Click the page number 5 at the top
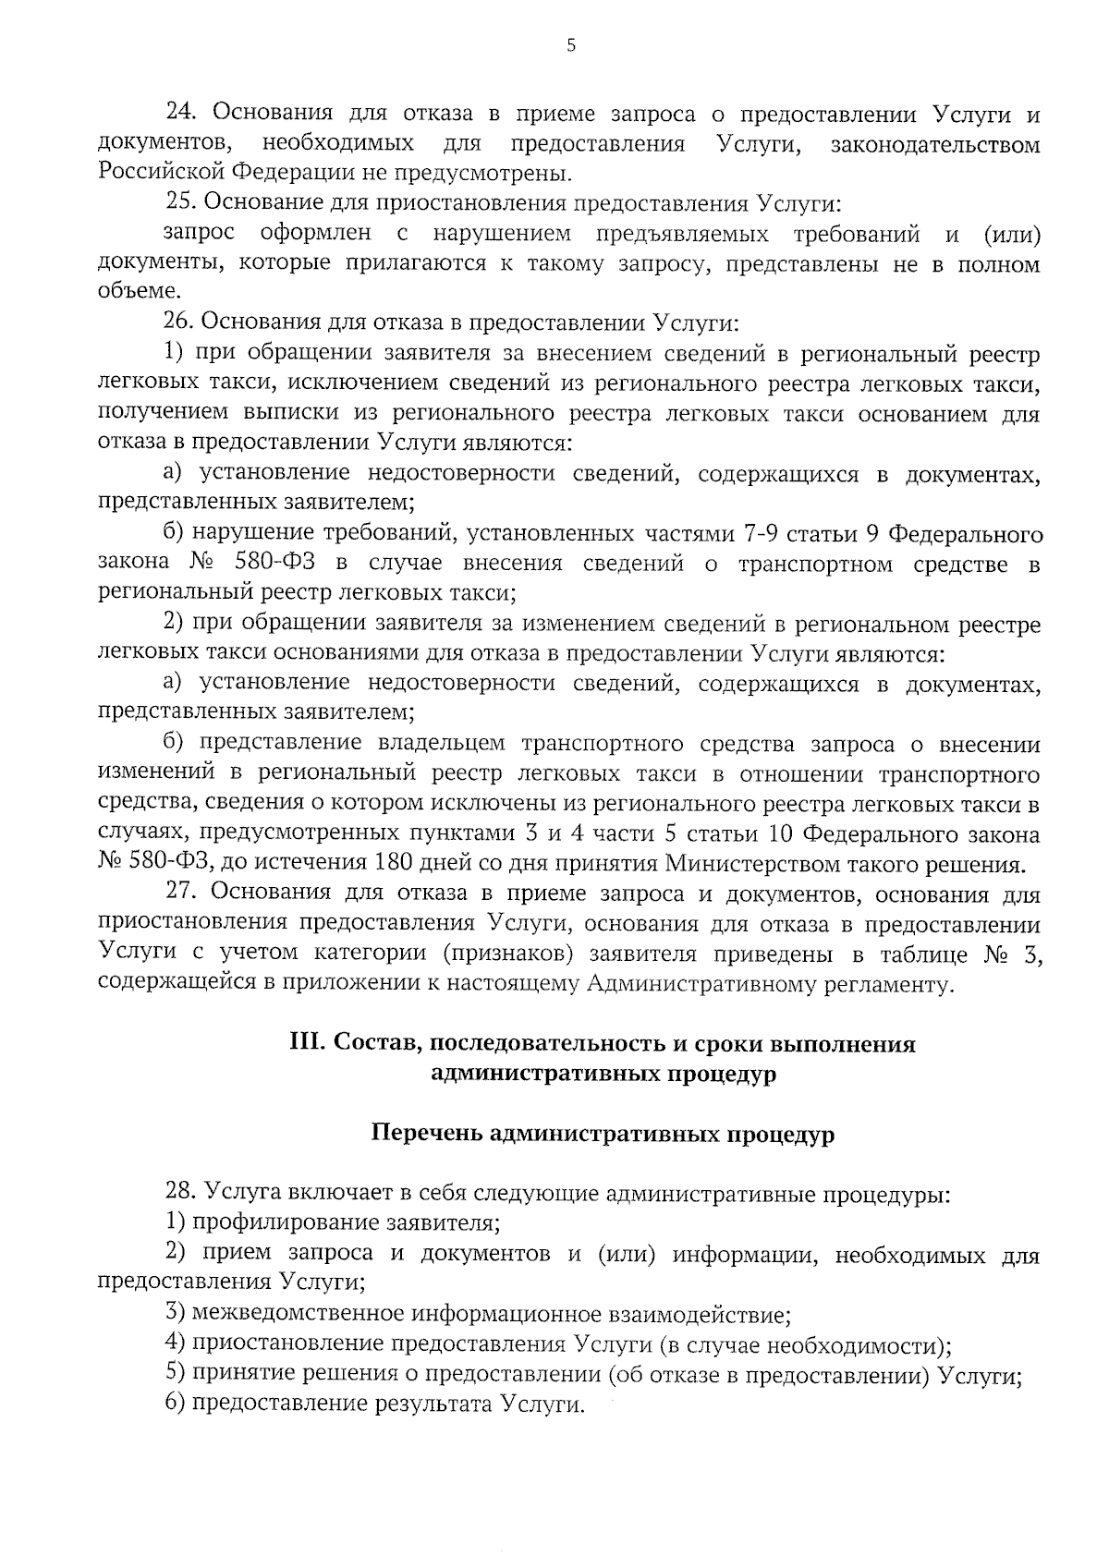[570, 43]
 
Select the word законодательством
[935, 144]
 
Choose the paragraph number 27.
[181, 893]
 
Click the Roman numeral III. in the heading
[307, 1044]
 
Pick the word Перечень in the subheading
[423, 1134]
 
